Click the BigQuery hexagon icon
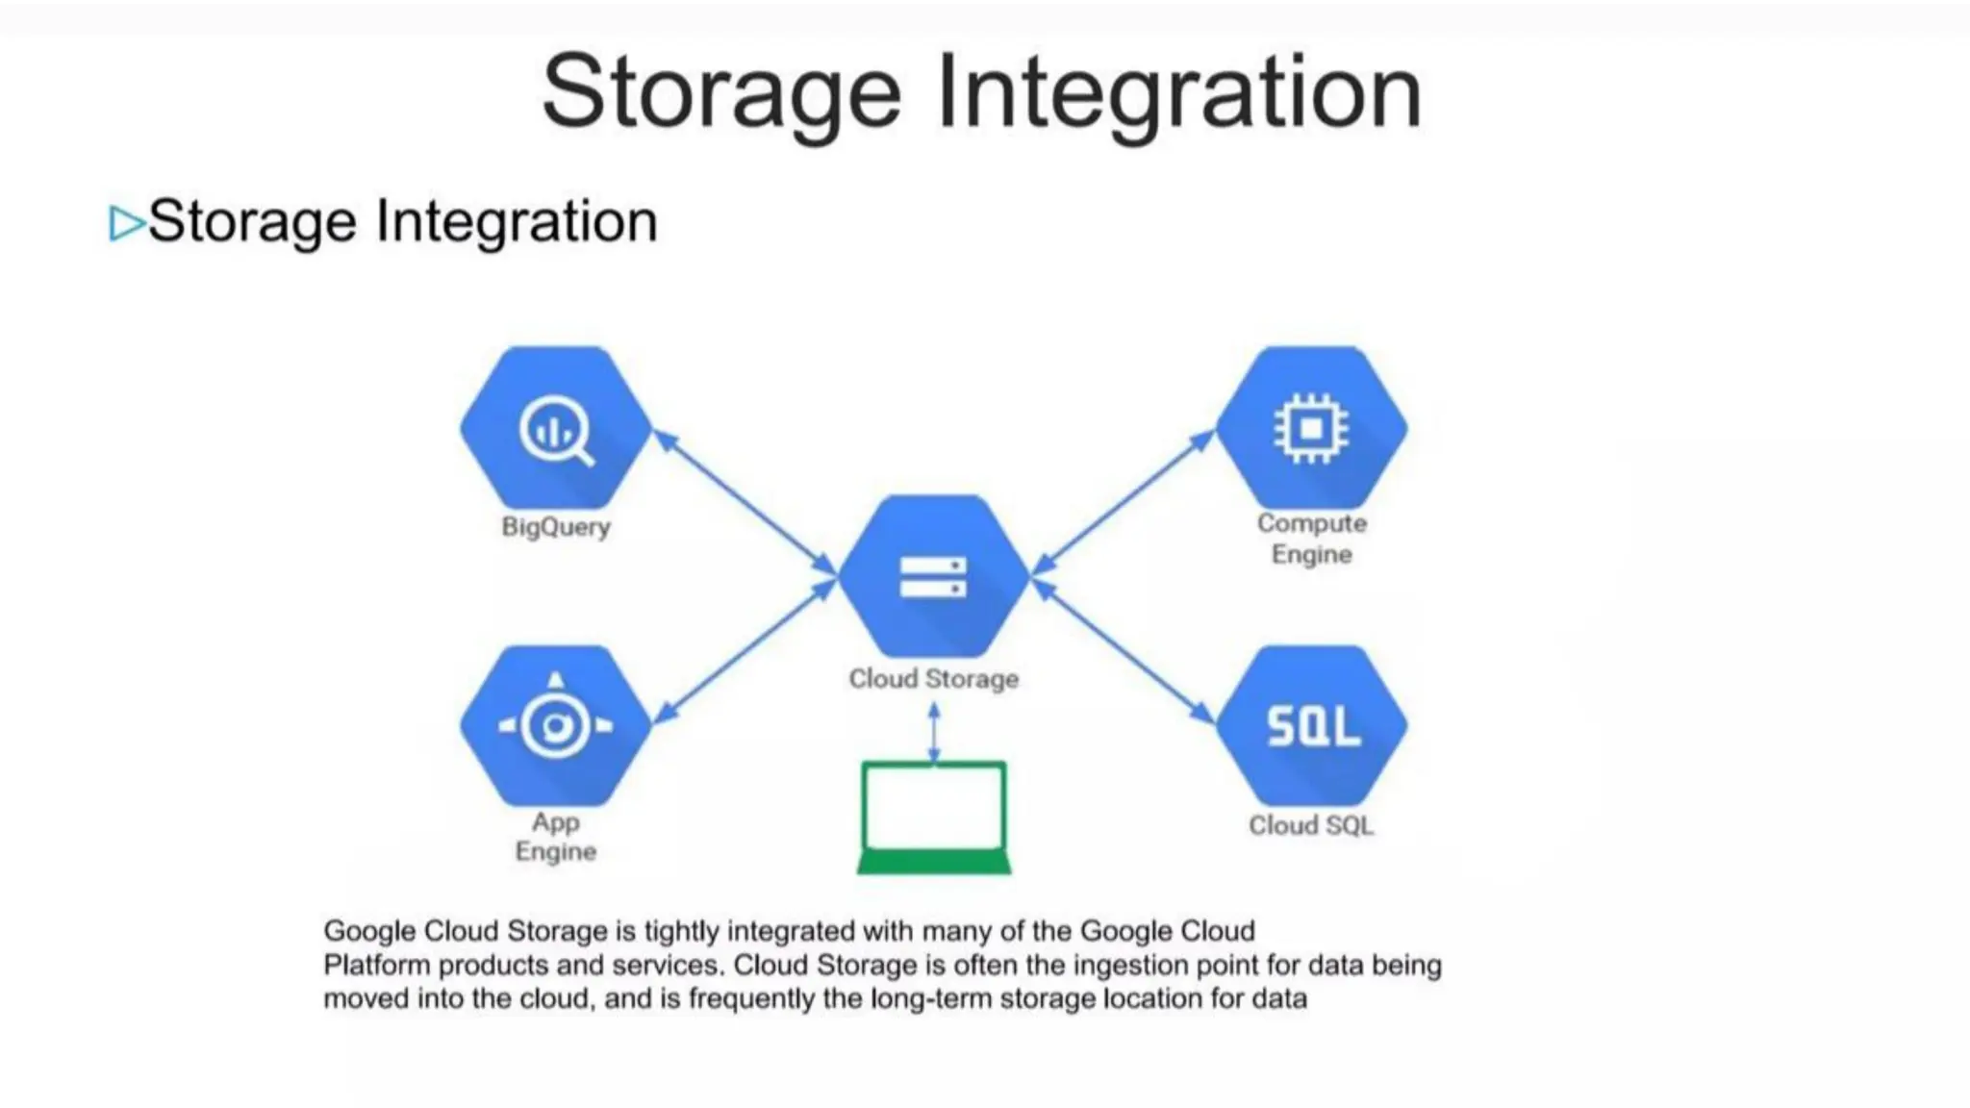click(556, 429)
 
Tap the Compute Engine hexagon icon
click(1311, 428)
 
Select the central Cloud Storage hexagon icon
click(933, 576)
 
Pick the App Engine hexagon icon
click(556, 726)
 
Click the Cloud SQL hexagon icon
click(1311, 726)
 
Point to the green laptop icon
click(933, 818)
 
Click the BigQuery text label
click(556, 527)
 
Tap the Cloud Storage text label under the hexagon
click(933, 679)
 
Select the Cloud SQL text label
click(1311, 825)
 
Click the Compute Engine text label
click(1311, 539)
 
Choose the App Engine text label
click(556, 837)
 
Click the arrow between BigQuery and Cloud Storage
click(745, 502)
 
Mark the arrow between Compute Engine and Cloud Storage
click(1123, 502)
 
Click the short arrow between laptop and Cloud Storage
click(933, 733)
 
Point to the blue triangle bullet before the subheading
click(126, 223)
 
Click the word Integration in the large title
click(1178, 93)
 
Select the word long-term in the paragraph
click(931, 998)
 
